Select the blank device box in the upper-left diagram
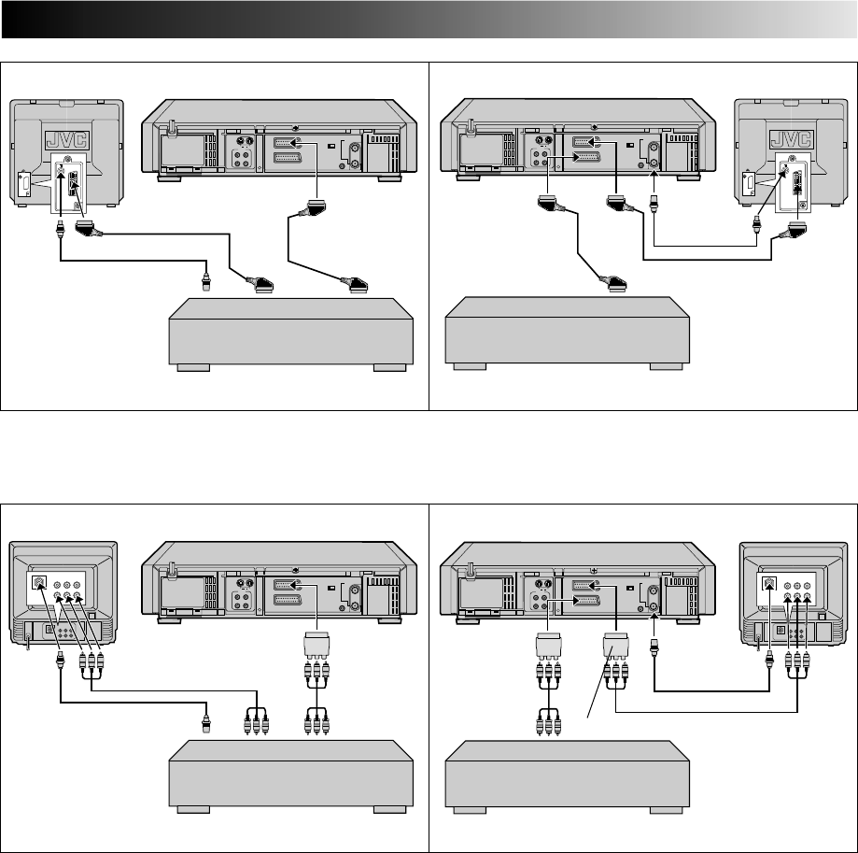tap(288, 332)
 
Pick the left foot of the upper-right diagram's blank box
tap(475, 367)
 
